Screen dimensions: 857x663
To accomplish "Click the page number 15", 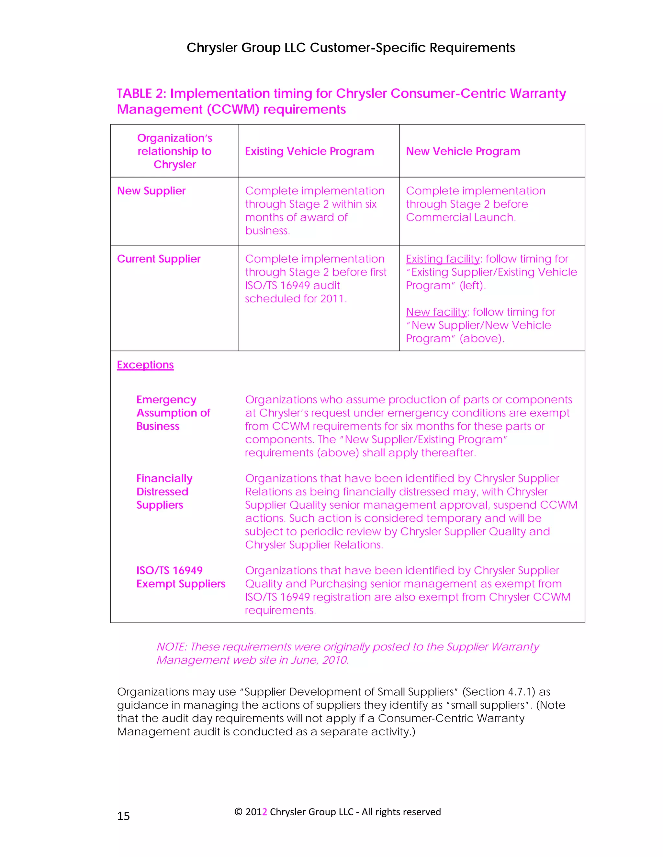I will tap(123, 816).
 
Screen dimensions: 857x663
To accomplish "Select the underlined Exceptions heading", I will tap(145, 365).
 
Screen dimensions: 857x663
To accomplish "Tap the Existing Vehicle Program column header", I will tap(309, 151).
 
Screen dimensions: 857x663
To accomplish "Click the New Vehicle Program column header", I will tap(463, 151).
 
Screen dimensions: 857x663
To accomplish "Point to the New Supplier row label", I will tap(151, 191).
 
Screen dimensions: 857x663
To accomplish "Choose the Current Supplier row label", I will tap(159, 259).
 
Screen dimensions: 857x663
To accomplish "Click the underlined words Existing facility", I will tap(443, 259).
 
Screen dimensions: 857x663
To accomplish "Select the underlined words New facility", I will tap(436, 312).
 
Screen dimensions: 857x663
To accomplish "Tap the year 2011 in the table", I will tap(333, 299).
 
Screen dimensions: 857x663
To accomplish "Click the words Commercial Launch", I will tap(461, 217).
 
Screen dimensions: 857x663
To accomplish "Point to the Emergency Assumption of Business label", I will tap(173, 413).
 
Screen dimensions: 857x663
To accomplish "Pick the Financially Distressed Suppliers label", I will tap(164, 492).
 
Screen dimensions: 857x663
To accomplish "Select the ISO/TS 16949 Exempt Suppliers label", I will tap(181, 577).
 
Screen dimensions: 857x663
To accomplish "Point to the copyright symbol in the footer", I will tap(238, 812).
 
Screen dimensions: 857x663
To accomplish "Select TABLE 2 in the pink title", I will tap(140, 93).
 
